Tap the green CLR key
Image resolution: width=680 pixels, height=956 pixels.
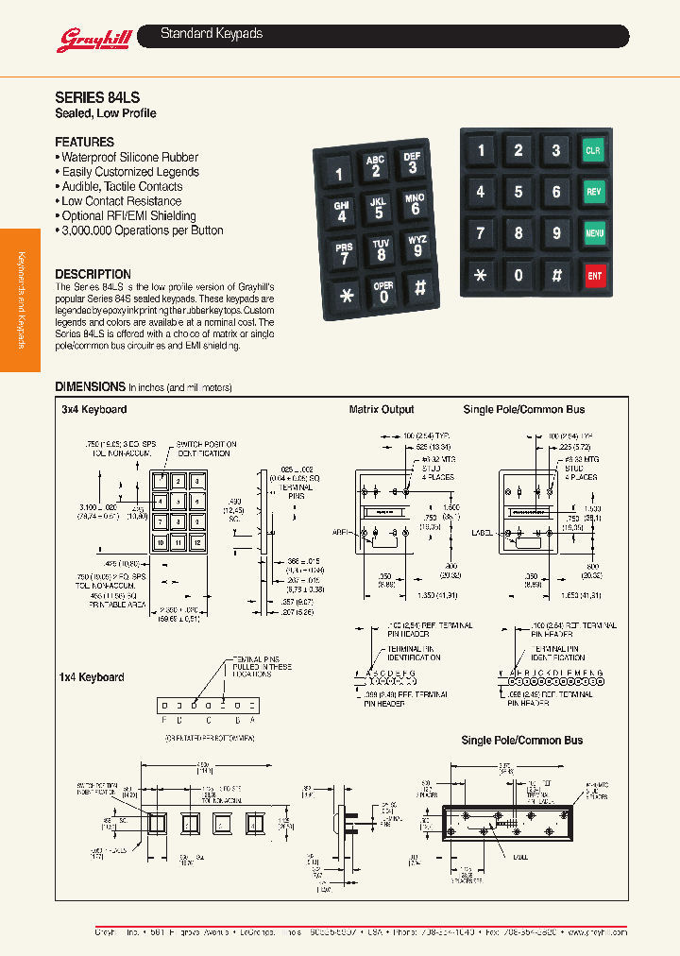[x=593, y=150]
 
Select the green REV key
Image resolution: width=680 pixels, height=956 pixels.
[x=593, y=192]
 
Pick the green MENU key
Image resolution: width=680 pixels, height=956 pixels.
[x=594, y=232]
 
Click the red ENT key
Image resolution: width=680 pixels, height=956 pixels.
[x=594, y=276]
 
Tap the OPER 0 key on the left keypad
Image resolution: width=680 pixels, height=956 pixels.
[x=383, y=292]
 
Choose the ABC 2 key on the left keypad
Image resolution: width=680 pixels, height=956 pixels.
[x=376, y=166]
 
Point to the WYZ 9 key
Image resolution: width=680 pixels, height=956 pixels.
[x=417, y=246]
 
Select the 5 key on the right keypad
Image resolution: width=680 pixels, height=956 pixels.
[x=518, y=192]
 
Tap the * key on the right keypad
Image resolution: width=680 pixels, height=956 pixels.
[x=481, y=276]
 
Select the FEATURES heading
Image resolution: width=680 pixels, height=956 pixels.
[x=84, y=142]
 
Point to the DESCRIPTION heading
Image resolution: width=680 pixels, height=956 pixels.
[x=93, y=274]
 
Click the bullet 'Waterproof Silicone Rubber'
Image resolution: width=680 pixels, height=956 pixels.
[x=129, y=158]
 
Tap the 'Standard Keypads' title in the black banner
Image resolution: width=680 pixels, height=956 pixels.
[x=212, y=34]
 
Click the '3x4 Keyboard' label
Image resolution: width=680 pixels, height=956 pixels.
[x=93, y=409]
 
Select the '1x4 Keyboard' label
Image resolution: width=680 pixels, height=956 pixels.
[x=93, y=677]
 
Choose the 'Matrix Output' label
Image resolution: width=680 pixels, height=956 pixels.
[x=382, y=409]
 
